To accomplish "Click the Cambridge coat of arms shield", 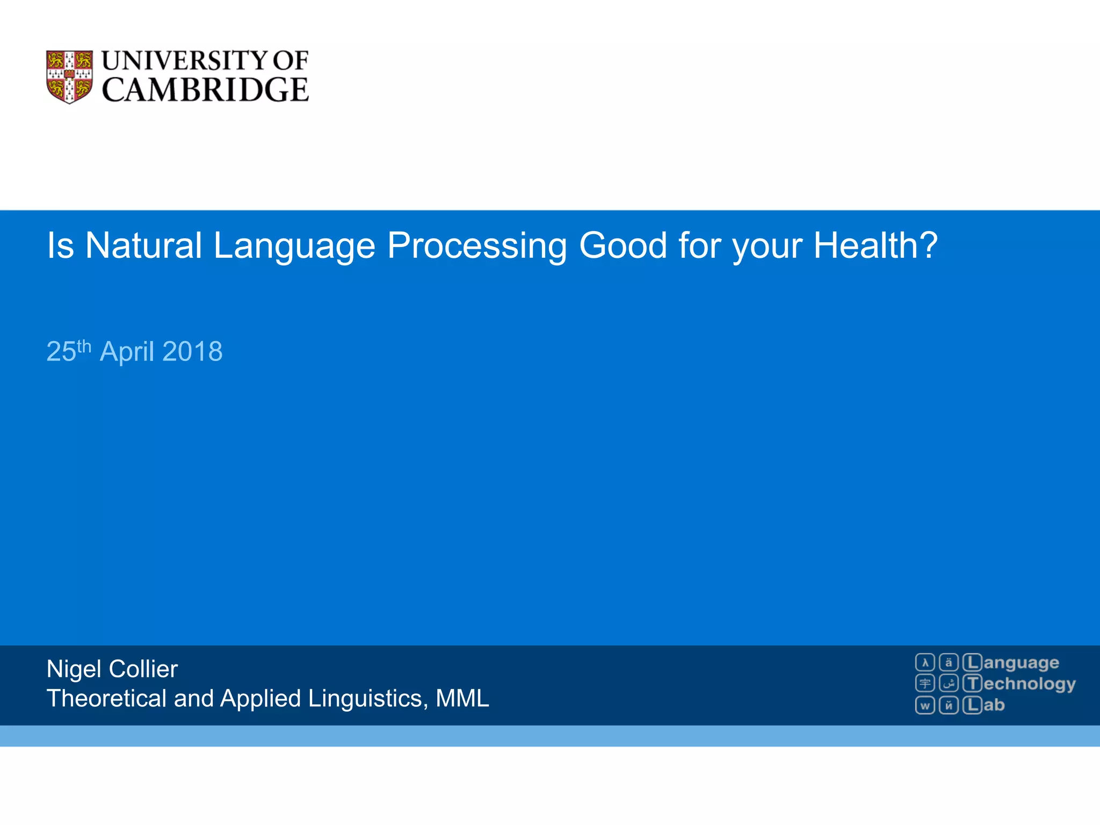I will (x=69, y=77).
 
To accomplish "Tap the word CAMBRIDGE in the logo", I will (x=205, y=90).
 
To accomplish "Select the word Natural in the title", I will (x=143, y=245).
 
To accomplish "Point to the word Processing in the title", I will (x=476, y=245).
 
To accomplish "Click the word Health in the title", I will (x=869, y=245).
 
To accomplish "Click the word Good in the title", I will (x=623, y=245).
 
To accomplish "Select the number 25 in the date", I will (x=61, y=352).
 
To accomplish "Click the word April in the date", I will (x=127, y=352).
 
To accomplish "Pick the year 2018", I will (x=192, y=352).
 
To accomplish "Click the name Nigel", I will (x=74, y=669).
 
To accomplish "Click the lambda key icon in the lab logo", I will (x=925, y=662).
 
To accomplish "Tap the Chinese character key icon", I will (x=925, y=683).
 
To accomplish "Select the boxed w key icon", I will (x=925, y=705).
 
